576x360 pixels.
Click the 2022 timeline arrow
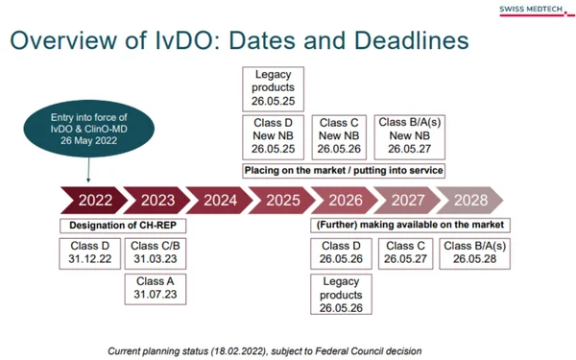pyautogui.click(x=92, y=201)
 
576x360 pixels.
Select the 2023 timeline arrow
pyautogui.click(x=156, y=201)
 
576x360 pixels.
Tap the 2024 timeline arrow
pyautogui.click(x=220, y=201)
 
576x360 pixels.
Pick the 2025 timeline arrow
pyautogui.click(x=282, y=201)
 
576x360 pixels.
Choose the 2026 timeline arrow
pyautogui.click(x=346, y=201)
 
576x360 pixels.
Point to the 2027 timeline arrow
pyautogui.click(x=408, y=201)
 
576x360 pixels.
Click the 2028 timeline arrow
pyautogui.click(x=470, y=201)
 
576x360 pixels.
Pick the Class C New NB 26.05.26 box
pyautogui.click(x=339, y=136)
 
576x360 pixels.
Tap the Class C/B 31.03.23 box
pyautogui.click(x=153, y=252)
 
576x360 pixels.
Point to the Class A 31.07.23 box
pyautogui.click(x=153, y=287)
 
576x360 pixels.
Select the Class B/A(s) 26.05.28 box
pyautogui.click(x=475, y=252)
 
